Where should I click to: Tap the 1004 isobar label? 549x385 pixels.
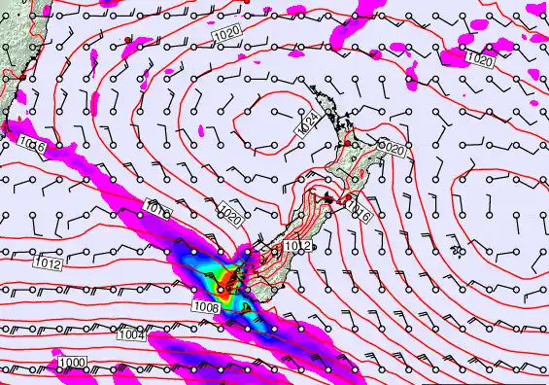coord(132,334)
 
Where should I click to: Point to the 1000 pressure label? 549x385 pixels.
coord(70,363)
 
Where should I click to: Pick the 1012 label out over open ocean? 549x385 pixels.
coord(48,263)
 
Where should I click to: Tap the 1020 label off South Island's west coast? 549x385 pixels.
coord(229,214)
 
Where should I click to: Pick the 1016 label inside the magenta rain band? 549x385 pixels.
coord(157,208)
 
